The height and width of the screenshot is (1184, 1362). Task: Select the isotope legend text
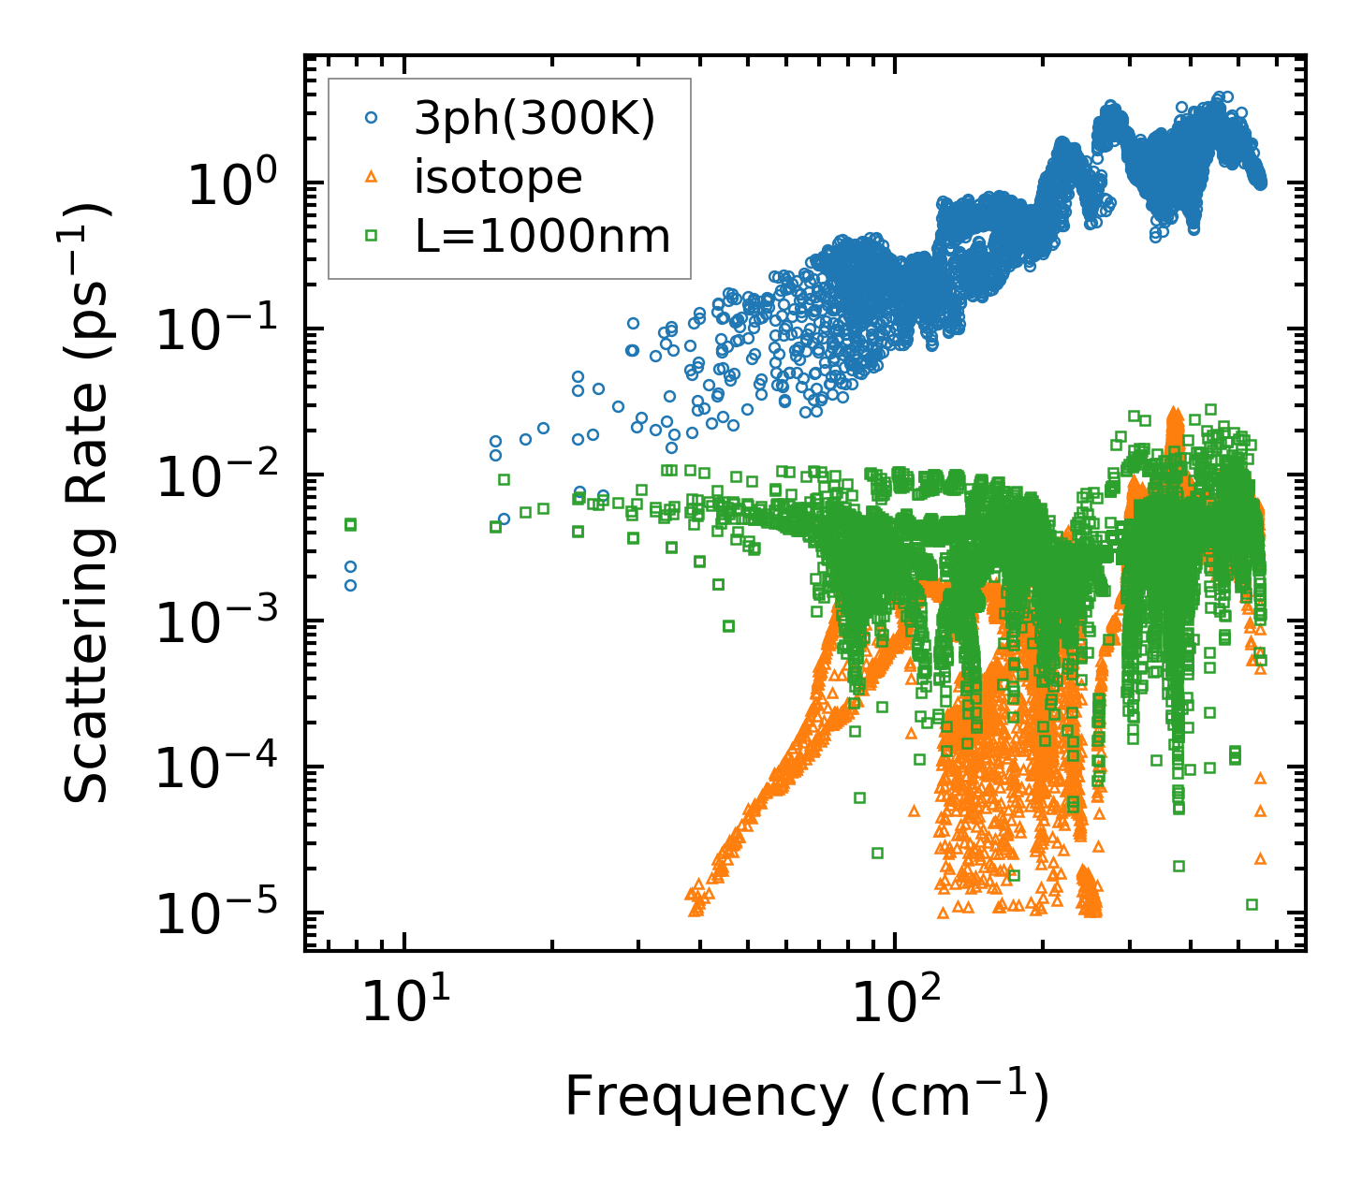pos(498,177)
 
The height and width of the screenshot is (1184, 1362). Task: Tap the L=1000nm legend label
pos(542,237)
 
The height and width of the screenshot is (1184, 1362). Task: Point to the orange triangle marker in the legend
pos(371,177)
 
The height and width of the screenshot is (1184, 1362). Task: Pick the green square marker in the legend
pos(371,236)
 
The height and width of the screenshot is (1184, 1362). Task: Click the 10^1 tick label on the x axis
pos(404,1001)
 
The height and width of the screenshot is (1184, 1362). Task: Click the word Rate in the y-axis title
pos(87,473)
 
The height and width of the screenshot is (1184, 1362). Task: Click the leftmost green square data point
pos(350,525)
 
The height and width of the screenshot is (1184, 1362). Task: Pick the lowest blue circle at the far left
pos(350,586)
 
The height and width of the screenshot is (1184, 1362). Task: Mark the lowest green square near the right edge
pos(1252,904)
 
